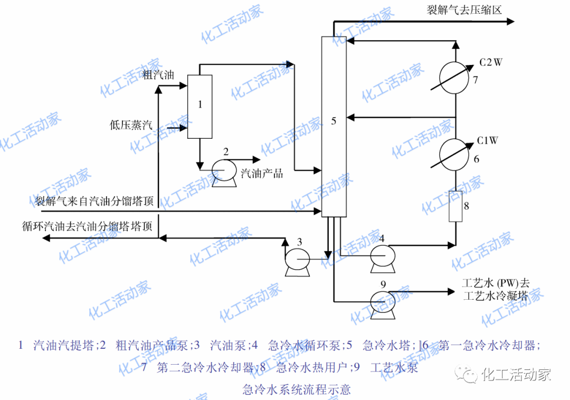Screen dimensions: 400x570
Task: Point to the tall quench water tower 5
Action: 334,127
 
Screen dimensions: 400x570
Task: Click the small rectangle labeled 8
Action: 455,206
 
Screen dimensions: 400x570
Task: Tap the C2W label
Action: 491,63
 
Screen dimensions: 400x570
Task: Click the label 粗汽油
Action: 158,74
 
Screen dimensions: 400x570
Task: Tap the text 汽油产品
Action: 262,173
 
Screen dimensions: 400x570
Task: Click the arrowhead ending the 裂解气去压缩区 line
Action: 510,22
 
